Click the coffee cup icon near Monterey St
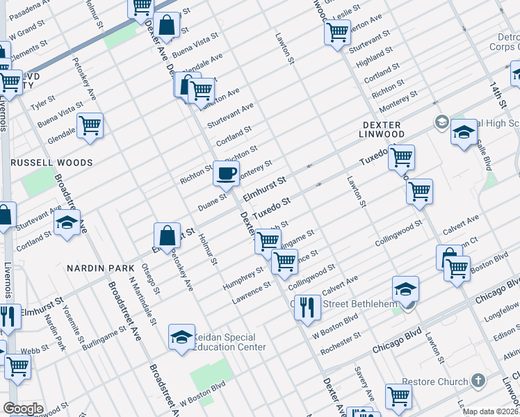pyautogui.click(x=226, y=174)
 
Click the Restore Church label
pyautogui.click(x=438, y=382)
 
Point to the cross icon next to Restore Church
pyautogui.click(x=478, y=381)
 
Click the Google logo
pyautogui.click(x=23, y=409)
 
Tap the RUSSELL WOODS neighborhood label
pyautogui.click(x=51, y=163)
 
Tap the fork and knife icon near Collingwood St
pyautogui.click(x=307, y=306)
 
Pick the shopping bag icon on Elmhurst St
pyautogui.click(x=167, y=236)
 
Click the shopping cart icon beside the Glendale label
pyautogui.click(x=90, y=126)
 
